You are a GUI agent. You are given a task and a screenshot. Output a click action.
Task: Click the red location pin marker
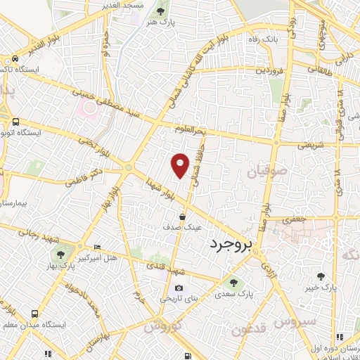[x=181, y=165]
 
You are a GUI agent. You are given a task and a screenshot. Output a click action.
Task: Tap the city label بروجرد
[x=229, y=245]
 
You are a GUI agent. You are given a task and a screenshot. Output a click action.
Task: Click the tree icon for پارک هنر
[x=160, y=11]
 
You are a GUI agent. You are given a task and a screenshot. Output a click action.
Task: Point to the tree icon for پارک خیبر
[x=321, y=276]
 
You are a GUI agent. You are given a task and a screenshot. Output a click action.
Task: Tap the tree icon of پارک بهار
[x=62, y=254]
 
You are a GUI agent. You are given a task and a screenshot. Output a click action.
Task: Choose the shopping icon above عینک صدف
[x=183, y=217]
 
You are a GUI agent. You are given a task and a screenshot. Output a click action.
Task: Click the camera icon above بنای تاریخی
[x=179, y=288]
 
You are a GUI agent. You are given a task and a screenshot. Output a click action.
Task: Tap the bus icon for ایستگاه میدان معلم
[x=34, y=314]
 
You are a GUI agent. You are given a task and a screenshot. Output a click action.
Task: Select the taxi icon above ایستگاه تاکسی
[x=15, y=60]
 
